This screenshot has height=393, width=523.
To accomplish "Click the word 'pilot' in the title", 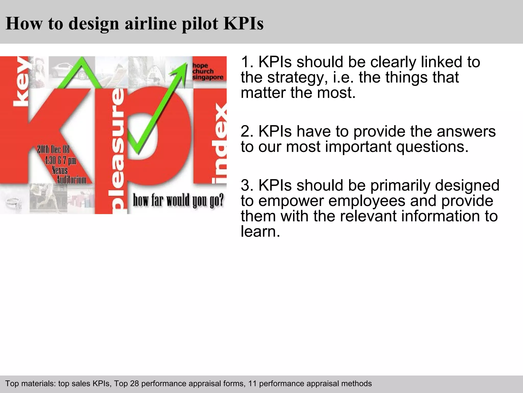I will [200, 24].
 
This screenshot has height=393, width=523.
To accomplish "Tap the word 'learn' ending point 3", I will [260, 231].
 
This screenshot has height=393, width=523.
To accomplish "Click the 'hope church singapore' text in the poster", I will [207, 71].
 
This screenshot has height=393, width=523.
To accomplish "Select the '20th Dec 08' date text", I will [53, 149].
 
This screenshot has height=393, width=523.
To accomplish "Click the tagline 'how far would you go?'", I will [178, 200].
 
